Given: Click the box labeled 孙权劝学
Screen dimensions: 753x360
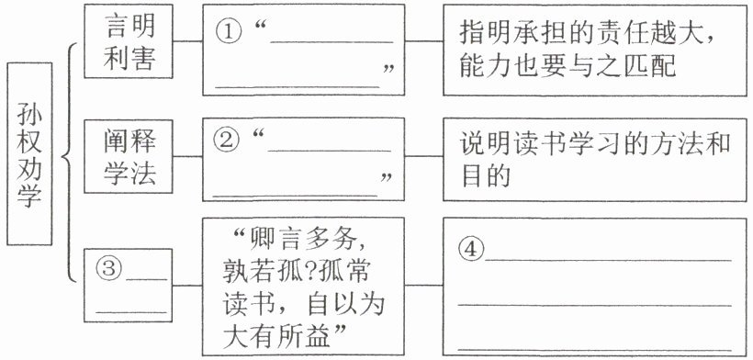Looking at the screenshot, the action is tap(29, 153).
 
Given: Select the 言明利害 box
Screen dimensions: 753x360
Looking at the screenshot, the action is tap(129, 40).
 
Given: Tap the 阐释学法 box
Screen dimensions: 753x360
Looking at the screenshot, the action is tap(129, 155).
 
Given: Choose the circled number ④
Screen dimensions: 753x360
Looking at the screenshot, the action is tap(471, 251).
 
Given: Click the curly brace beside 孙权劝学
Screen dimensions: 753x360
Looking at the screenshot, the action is tap(69, 162).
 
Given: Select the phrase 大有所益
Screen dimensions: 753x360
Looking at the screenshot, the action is tap(277, 337).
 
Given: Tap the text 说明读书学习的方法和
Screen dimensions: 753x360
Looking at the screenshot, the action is tap(594, 143).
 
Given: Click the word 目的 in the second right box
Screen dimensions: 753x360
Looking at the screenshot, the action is tap(484, 176).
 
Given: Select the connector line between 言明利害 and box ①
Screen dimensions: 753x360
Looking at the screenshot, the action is tap(187, 41).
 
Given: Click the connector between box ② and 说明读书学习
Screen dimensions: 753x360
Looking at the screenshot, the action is tap(424, 156).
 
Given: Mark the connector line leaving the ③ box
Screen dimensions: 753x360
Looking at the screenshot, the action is tap(187, 286).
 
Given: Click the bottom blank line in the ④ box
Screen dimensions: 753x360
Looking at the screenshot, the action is tap(594, 350).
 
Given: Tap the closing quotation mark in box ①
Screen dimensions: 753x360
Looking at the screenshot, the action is tap(388, 70).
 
